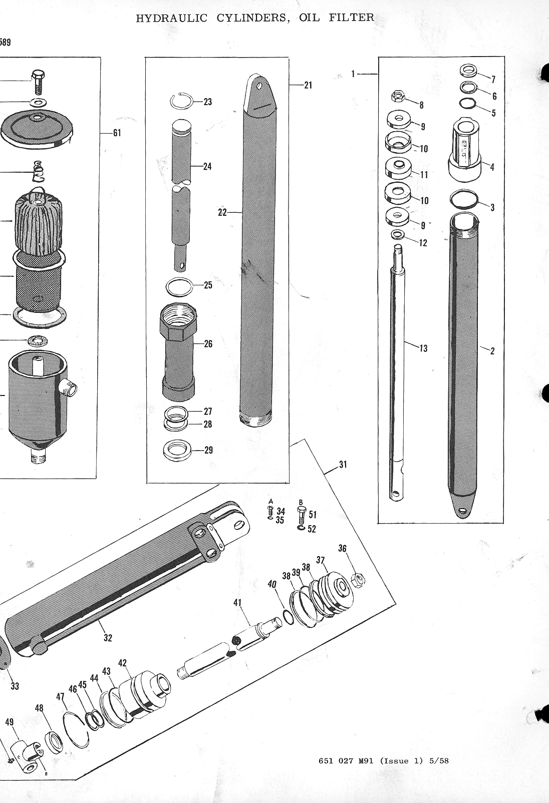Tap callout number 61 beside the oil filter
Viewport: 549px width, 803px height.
[117, 133]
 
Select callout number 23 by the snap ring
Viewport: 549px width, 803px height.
[207, 102]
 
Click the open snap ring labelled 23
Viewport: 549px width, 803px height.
[180, 100]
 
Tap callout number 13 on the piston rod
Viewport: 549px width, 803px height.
[423, 348]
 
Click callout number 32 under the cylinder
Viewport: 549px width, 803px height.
[108, 638]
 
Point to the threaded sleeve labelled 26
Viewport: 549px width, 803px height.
[177, 350]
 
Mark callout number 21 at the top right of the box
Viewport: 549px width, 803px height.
[308, 86]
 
